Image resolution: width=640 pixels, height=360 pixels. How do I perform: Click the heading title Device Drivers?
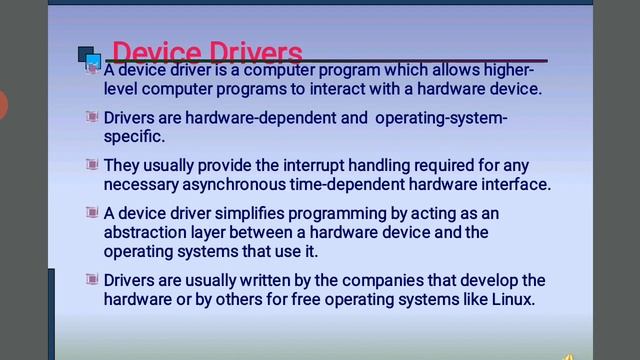point(207,52)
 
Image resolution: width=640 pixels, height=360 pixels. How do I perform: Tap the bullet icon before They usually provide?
point(92,165)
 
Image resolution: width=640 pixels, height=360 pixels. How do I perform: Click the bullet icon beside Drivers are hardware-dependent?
point(92,118)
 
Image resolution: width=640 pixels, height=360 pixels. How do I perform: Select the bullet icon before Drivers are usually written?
point(92,279)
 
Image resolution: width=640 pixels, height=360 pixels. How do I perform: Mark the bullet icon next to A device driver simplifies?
point(92,213)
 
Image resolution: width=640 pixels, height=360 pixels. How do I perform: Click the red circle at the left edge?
point(2,103)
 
